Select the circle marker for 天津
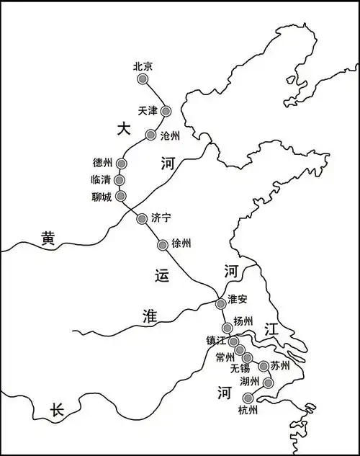coord(166,111)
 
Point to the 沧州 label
coord(171,135)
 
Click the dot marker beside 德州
coord(121,164)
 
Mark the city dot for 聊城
coord(120,195)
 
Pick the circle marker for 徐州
coord(162,245)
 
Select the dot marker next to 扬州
coord(227,327)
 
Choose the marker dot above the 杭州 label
coord(248,398)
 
